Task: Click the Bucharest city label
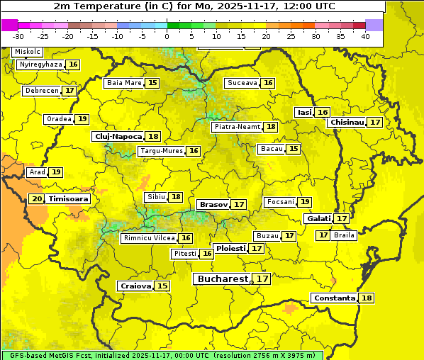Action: (223, 279)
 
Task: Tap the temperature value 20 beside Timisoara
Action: (37, 199)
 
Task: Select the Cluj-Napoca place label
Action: (118, 136)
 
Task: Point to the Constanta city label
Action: (334, 298)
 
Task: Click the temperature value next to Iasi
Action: (323, 113)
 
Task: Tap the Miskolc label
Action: (28, 52)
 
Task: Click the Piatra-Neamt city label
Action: (237, 127)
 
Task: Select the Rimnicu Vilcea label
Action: (147, 238)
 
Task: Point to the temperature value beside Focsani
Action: (305, 202)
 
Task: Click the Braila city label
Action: (344, 235)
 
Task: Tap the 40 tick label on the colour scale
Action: (365, 36)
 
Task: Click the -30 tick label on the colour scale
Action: (18, 36)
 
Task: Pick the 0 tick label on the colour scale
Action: (167, 36)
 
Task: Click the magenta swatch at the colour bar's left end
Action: (9, 25)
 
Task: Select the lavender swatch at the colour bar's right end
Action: (374, 25)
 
